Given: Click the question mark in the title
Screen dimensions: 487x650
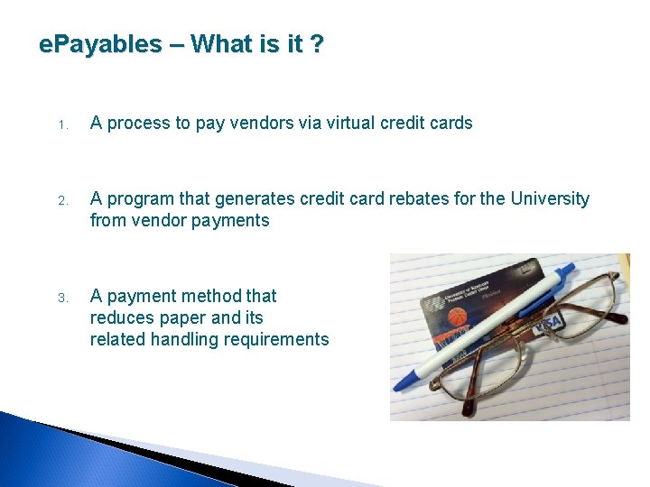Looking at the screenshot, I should tap(315, 43).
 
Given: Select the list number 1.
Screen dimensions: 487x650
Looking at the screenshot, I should tap(62, 125).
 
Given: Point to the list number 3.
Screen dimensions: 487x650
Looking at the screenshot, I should tap(62, 298).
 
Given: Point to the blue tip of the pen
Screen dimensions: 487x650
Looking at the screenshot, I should tap(400, 382).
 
